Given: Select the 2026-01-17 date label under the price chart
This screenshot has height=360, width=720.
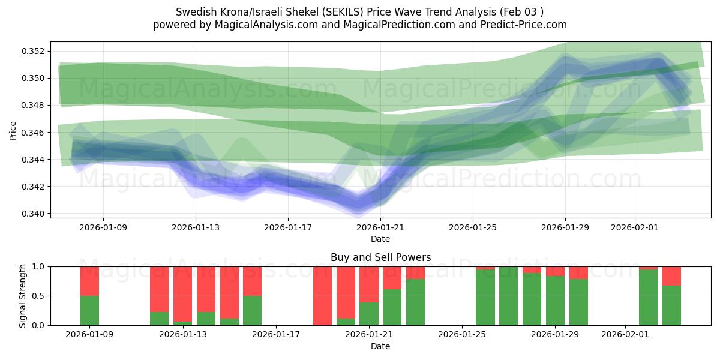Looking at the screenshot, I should click(x=288, y=227).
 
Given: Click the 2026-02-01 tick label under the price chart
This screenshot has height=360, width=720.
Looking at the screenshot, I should click(x=635, y=227).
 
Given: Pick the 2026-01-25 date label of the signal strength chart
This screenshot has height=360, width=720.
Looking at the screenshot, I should click(x=463, y=334).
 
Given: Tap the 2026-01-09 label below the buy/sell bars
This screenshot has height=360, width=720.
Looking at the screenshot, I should click(x=89, y=334).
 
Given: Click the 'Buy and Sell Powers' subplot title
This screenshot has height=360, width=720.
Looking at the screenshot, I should click(x=380, y=257).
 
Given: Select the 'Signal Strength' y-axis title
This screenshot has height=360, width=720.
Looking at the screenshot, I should click(x=22, y=296).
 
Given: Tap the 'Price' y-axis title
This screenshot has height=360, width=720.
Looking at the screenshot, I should click(x=13, y=130).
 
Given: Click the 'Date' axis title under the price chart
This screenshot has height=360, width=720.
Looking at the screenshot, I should click(x=380, y=239).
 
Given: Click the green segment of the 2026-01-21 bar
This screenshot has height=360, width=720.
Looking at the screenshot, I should click(x=369, y=314).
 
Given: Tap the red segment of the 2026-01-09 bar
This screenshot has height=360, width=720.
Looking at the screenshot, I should click(x=89, y=281).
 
